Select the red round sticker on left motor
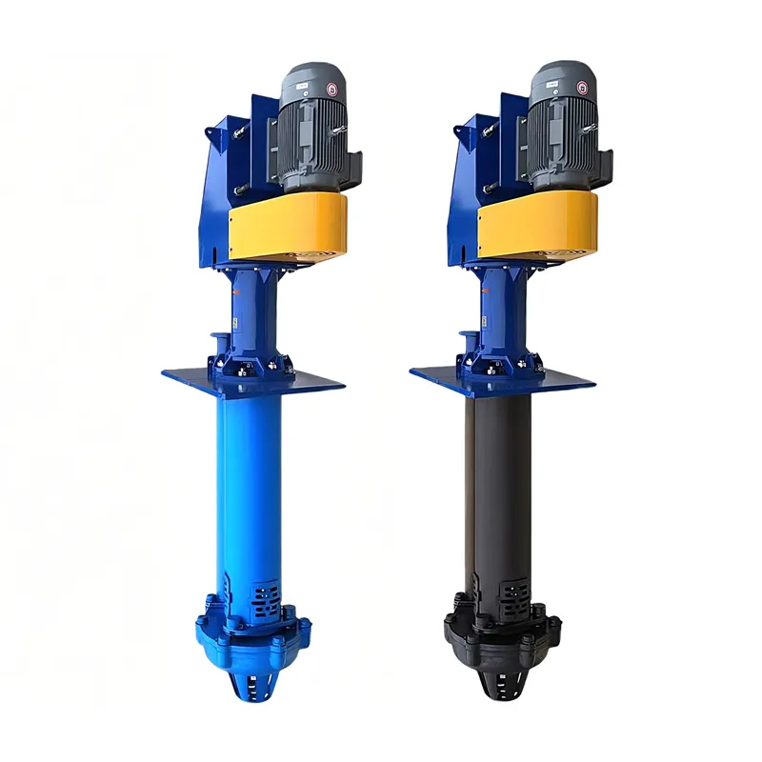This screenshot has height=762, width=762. pos(332,89)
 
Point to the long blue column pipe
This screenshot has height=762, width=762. pos(250,476)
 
